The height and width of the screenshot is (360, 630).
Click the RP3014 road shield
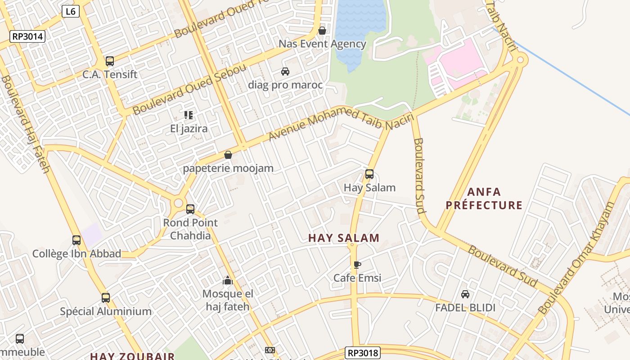tap(28, 36)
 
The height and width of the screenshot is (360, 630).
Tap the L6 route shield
tap(70, 12)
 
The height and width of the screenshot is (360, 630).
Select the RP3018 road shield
tap(363, 352)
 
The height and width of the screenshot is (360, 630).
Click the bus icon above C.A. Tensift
tap(109, 61)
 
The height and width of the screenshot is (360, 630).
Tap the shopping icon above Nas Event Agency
tap(322, 31)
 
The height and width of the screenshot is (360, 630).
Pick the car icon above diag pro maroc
tap(285, 72)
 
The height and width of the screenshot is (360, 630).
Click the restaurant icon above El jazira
tap(189, 115)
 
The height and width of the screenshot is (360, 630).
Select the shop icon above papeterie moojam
tap(228, 155)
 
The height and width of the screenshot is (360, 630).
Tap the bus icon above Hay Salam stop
tap(369, 174)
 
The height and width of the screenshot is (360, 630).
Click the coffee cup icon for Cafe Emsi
tap(357, 265)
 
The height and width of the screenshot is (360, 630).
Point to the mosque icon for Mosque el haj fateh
tap(228, 281)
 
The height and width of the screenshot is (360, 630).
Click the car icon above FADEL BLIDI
tap(465, 294)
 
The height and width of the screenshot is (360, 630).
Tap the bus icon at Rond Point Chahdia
tap(190, 209)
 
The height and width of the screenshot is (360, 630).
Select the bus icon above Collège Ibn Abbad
tap(76, 240)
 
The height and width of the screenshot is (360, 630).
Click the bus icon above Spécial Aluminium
tap(106, 298)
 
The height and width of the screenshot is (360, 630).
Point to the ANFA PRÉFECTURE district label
tap(484, 198)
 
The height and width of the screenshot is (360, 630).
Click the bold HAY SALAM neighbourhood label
tap(344, 238)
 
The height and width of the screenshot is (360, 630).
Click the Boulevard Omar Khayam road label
tap(577, 258)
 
